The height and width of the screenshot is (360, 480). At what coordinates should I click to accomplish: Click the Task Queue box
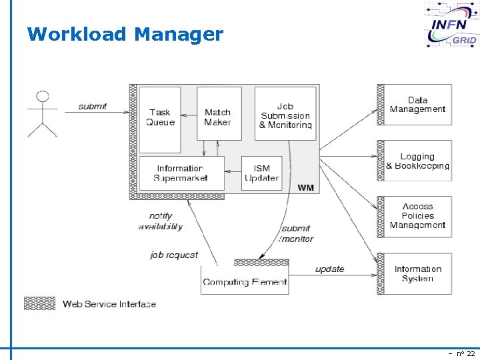(160, 117)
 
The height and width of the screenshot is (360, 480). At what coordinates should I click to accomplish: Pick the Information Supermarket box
(181, 173)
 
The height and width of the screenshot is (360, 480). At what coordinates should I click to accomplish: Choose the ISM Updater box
(261, 173)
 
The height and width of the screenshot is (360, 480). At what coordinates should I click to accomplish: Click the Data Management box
(418, 105)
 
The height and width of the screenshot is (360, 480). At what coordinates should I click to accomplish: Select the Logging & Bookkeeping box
(418, 161)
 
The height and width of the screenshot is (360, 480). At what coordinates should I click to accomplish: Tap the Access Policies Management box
(418, 216)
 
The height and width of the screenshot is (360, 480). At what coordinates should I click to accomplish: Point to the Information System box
(418, 274)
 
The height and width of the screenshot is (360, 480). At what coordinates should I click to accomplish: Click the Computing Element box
(245, 280)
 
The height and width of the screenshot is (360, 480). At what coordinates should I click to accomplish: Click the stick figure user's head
(43, 95)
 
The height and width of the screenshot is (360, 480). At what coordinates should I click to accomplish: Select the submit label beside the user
(93, 107)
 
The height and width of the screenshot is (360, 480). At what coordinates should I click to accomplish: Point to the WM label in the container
(305, 188)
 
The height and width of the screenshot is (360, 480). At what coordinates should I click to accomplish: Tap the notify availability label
(161, 221)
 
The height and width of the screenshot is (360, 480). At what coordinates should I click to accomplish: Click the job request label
(174, 255)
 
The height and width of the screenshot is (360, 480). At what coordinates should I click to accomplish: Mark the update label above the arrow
(330, 269)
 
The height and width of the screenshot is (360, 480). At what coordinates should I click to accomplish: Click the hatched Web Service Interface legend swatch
(40, 303)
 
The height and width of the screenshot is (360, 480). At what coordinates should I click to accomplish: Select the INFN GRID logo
(452, 25)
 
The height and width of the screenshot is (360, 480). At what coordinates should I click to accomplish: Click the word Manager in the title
(178, 34)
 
